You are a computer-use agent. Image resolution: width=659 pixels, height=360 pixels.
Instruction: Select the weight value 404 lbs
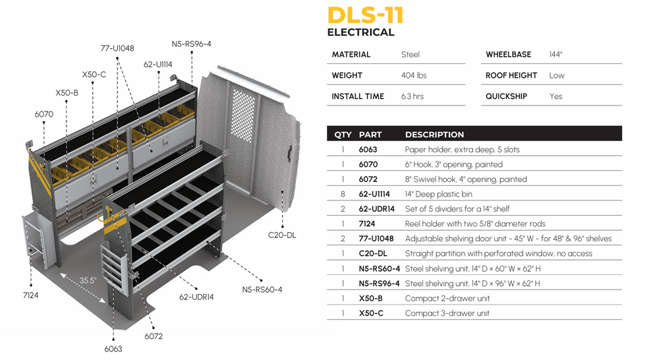[x=413, y=75]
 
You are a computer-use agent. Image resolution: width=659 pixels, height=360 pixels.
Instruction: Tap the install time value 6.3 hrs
[x=412, y=96]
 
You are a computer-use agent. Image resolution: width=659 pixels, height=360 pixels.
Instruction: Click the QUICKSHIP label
[x=506, y=96]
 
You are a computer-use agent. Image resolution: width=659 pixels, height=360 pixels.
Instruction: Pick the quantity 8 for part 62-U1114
[x=343, y=194]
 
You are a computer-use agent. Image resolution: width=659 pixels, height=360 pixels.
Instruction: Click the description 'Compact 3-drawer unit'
[x=447, y=313]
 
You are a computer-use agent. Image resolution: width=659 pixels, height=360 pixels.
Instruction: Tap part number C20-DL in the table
[x=372, y=254]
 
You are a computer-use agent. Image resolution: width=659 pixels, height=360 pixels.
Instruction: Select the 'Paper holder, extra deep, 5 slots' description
[x=462, y=150]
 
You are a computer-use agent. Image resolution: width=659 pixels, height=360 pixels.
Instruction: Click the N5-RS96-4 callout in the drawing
[x=191, y=44]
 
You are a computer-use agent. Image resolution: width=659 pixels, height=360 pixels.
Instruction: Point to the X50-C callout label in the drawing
[x=94, y=75]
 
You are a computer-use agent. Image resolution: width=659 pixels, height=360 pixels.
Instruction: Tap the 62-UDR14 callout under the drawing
[x=197, y=297]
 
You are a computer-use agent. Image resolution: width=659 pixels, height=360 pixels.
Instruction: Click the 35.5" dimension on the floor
[x=88, y=280]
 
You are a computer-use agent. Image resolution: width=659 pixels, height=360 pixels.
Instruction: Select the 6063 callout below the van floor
[x=113, y=349]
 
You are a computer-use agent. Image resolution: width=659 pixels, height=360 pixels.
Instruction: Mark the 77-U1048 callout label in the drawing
[x=117, y=48]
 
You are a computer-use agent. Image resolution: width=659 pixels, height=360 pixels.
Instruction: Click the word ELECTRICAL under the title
[x=360, y=32]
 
